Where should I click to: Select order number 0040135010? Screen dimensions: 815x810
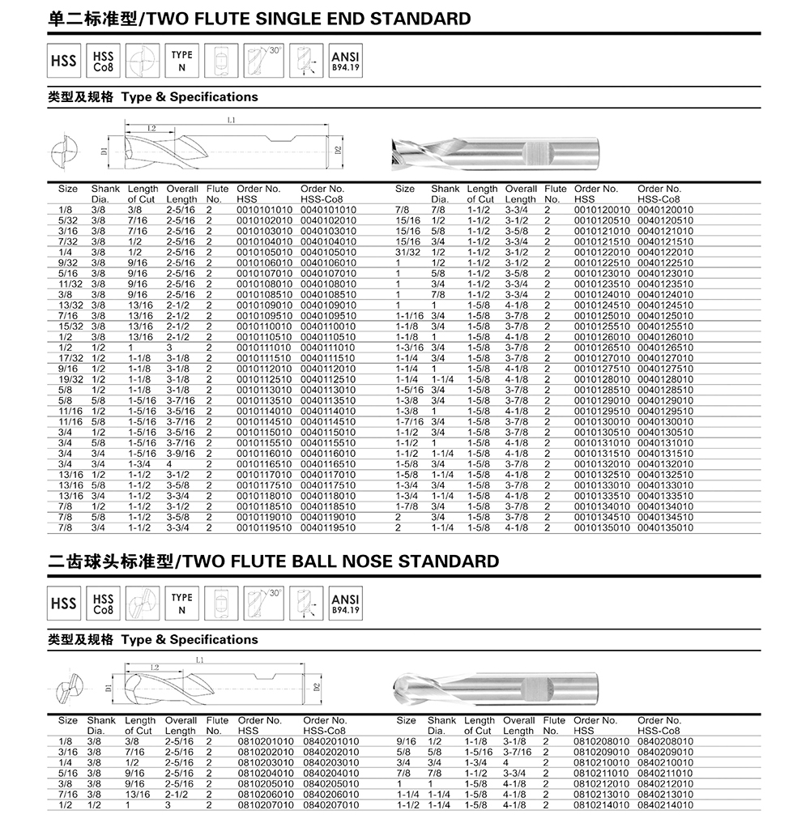click(x=665, y=527)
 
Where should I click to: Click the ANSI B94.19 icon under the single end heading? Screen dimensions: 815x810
click(x=345, y=61)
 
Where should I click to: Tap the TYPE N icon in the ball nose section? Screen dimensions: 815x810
click(x=182, y=604)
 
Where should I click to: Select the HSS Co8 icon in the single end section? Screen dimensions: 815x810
click(x=104, y=61)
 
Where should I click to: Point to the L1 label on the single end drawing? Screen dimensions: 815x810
click(x=231, y=120)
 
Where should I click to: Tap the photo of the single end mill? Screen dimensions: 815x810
click(x=494, y=150)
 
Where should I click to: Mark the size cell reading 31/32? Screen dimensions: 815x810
click(x=406, y=252)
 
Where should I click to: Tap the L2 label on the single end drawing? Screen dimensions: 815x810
click(x=151, y=128)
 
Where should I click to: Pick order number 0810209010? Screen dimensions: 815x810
click(x=600, y=752)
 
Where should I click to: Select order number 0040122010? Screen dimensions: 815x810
click(x=665, y=252)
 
